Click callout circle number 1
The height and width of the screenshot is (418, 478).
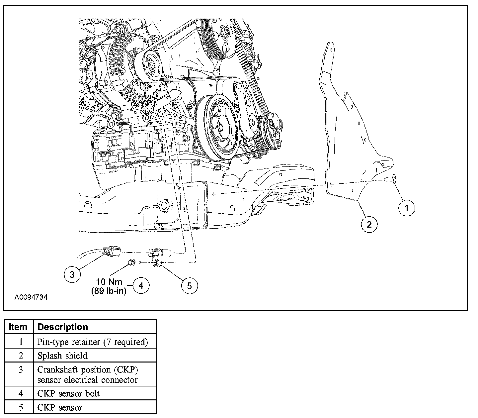(406, 208)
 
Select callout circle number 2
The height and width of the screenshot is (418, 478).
(369, 225)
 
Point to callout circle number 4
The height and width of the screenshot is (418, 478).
(141, 285)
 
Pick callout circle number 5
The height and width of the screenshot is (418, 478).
(190, 285)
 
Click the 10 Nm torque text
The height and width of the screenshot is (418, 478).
(110, 282)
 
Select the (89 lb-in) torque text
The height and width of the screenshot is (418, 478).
(109, 292)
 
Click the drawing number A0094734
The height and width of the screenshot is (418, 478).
(31, 297)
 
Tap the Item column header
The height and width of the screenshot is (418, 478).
(19, 327)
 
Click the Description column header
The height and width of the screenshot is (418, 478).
(62, 327)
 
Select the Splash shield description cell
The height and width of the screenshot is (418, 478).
(62, 356)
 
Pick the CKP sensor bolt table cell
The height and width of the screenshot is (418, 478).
(68, 394)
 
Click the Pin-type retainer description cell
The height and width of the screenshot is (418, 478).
(92, 342)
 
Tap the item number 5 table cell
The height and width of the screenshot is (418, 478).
(21, 407)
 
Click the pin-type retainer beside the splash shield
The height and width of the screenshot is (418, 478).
(394, 179)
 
